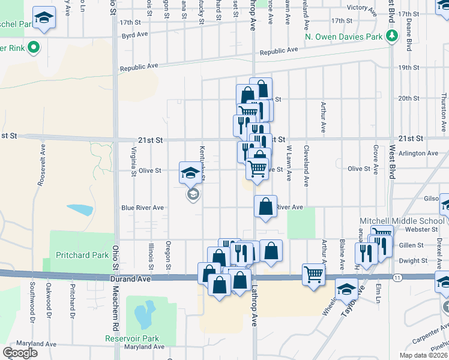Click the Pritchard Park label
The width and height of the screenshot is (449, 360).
[82, 255]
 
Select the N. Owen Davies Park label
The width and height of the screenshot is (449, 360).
[343, 37]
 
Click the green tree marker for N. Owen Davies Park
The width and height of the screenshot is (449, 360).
[392, 36]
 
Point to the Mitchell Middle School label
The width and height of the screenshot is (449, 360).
[401, 221]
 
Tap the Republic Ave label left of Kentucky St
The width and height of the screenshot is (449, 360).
[138, 68]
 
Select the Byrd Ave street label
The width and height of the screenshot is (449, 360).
[134, 34]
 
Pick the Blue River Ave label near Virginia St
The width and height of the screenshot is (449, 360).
[142, 208]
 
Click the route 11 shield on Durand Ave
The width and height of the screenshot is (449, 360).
[397, 278]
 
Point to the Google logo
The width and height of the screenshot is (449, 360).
[20, 353]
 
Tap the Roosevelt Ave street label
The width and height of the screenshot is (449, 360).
[41, 165]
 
